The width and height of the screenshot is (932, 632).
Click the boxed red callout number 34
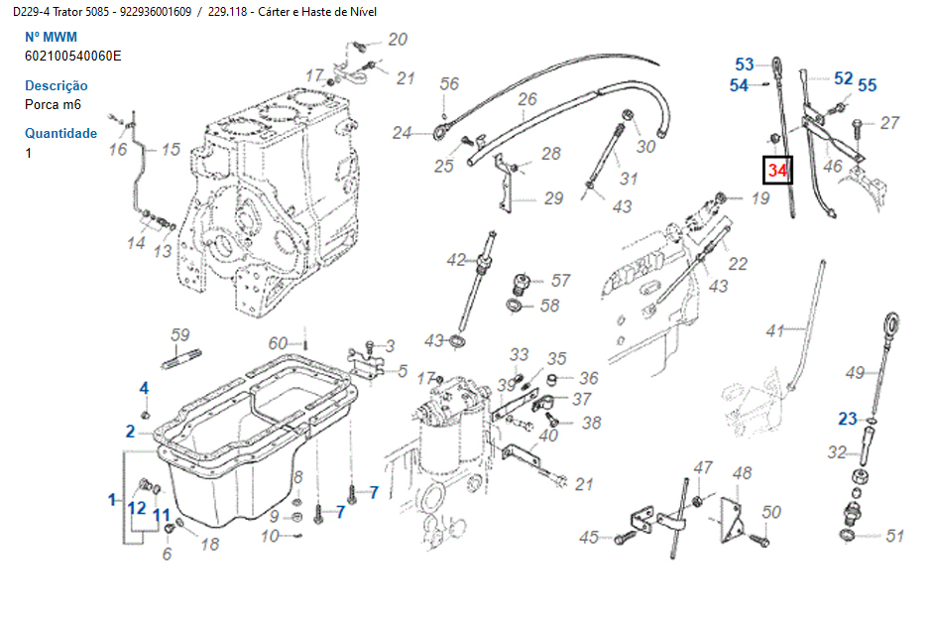[x=777, y=170]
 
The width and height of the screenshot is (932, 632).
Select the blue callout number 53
[x=745, y=64]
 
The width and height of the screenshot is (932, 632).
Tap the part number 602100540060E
[x=73, y=56]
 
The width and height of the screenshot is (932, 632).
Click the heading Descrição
[x=57, y=85]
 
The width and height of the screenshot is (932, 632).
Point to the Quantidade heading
[x=61, y=133]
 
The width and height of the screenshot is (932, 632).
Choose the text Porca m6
[x=53, y=104]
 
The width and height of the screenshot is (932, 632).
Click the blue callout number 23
[x=848, y=419]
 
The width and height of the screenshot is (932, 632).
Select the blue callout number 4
[x=144, y=388]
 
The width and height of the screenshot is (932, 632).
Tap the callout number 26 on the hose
[x=527, y=99]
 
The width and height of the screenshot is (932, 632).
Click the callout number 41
[x=775, y=330]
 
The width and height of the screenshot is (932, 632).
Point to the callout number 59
[x=180, y=334]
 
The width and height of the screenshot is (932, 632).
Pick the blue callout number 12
[x=137, y=508]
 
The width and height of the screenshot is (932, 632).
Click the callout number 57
[x=560, y=280]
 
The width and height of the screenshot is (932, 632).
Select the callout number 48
[x=742, y=473]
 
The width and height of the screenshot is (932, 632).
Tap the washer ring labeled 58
[x=515, y=307]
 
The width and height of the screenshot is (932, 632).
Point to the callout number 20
[x=398, y=40]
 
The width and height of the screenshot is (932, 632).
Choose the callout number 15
[x=171, y=149]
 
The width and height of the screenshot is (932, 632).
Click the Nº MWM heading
[x=52, y=37]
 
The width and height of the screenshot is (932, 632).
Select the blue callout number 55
[x=868, y=85]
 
